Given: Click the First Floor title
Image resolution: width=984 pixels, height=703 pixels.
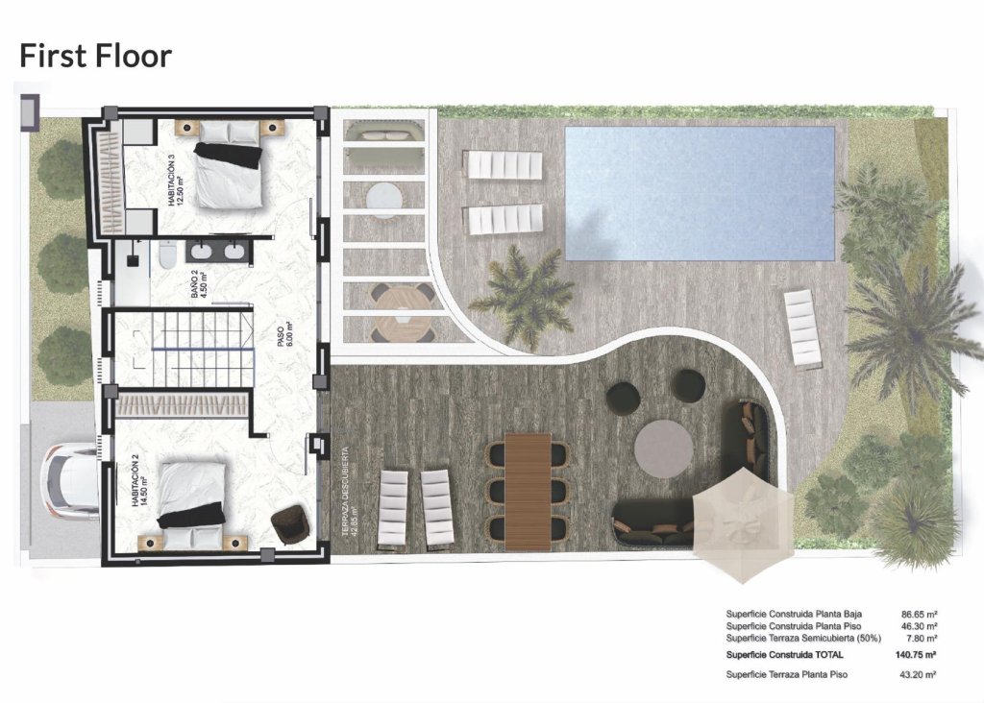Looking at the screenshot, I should coord(95,55).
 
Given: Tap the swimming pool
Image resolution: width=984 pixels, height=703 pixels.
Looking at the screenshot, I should coord(699,193).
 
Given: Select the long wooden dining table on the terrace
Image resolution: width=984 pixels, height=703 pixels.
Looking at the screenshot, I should coord(528,490).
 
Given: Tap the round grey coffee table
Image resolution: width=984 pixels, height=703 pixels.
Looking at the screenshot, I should coord(664,445).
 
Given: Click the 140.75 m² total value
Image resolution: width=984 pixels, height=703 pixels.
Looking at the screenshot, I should coord(915,655).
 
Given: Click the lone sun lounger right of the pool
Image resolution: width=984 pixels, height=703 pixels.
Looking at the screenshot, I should coord(803,328).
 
